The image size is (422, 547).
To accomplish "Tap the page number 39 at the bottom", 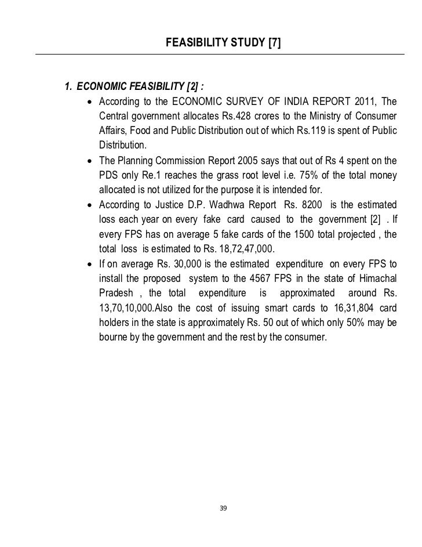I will coord(223,508).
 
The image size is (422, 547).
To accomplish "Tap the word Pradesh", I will coord(115,293).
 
